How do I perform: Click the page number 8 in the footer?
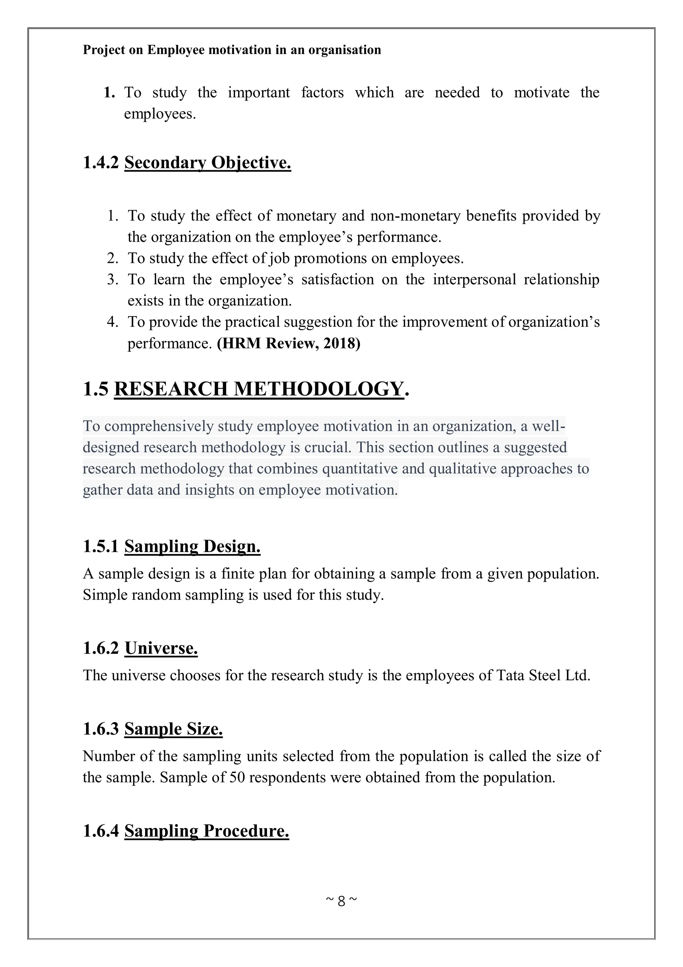click(x=341, y=901)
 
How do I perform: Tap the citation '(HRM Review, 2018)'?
click(x=289, y=343)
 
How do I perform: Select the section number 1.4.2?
click(x=101, y=163)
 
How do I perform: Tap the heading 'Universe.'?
click(x=161, y=648)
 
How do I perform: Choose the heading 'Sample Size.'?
click(x=173, y=729)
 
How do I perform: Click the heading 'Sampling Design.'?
click(x=192, y=546)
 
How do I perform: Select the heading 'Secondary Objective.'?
click(x=207, y=163)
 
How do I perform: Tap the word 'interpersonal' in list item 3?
click(x=474, y=279)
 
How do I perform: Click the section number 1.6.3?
click(x=101, y=729)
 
